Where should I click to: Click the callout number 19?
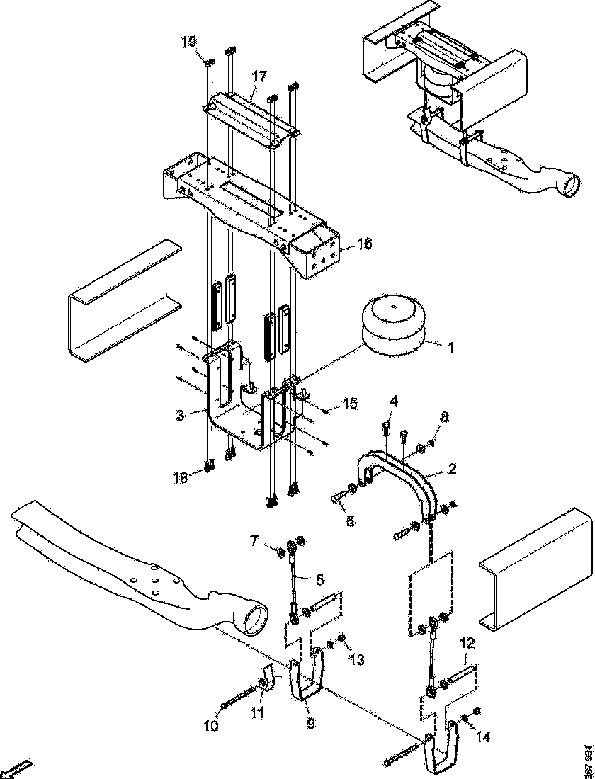(x=188, y=42)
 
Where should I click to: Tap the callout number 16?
(x=364, y=244)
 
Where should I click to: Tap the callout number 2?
(x=450, y=468)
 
